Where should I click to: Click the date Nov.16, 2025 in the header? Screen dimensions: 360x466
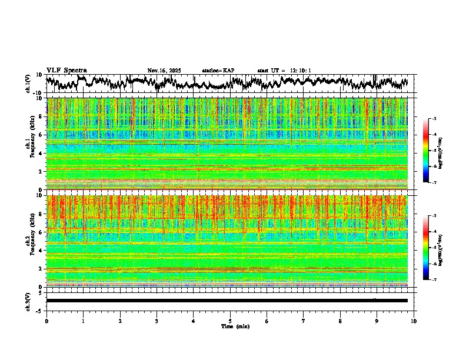[164, 71]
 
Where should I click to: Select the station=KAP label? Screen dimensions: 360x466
[218, 71]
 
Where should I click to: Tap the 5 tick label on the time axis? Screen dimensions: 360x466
[230, 321]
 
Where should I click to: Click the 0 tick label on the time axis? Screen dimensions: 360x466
[46, 321]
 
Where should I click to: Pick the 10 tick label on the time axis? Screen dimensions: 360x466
[414, 321]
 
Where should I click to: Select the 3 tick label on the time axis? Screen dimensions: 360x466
[157, 321]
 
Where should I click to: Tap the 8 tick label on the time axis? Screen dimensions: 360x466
[340, 321]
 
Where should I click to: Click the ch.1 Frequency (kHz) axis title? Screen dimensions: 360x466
[30, 144]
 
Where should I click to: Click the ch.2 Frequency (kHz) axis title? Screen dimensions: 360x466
[30, 241]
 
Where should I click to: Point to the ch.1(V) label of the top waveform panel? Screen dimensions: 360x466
[28, 84]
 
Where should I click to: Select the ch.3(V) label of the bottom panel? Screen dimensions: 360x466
[28, 301]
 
